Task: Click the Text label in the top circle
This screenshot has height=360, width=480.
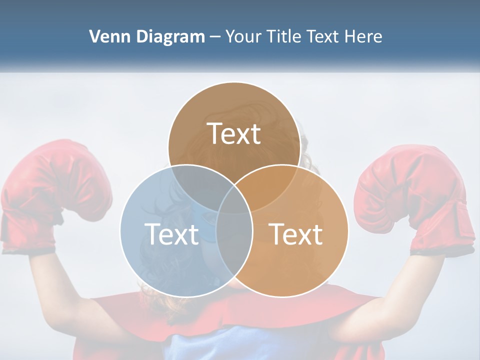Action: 234,133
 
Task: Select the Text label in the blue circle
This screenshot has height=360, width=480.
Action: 171,234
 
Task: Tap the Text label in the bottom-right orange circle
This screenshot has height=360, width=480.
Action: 296,234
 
